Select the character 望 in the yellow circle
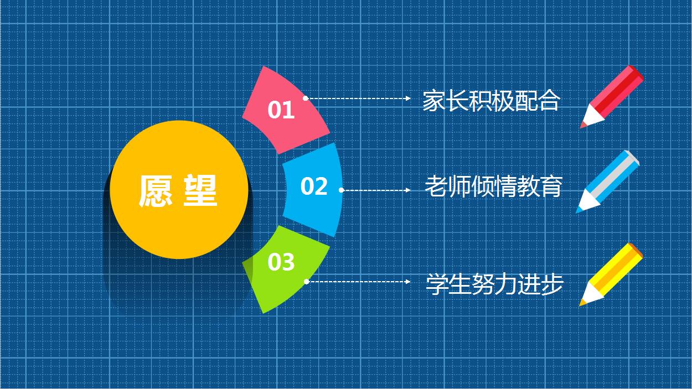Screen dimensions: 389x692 tap(200, 191)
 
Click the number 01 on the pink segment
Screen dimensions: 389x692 tap(281, 110)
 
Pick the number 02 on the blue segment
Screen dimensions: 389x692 tap(314, 187)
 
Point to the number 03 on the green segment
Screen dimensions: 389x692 tap(281, 262)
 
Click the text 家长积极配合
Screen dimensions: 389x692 tap(491, 101)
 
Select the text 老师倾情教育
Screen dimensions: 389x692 tap(493, 186)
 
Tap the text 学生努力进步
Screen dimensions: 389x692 tap(494, 284)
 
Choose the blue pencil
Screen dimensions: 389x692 tap(609, 180)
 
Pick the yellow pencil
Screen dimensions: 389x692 tap(612, 273)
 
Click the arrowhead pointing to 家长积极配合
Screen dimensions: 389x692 tap(408, 98)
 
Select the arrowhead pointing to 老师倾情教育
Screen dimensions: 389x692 tap(408, 190)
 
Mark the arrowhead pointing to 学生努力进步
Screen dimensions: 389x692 tap(408, 282)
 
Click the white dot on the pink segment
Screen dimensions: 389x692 tap(305, 98)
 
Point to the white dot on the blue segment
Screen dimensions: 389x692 tap(342, 190)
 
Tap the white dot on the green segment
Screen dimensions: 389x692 tap(306, 282)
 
